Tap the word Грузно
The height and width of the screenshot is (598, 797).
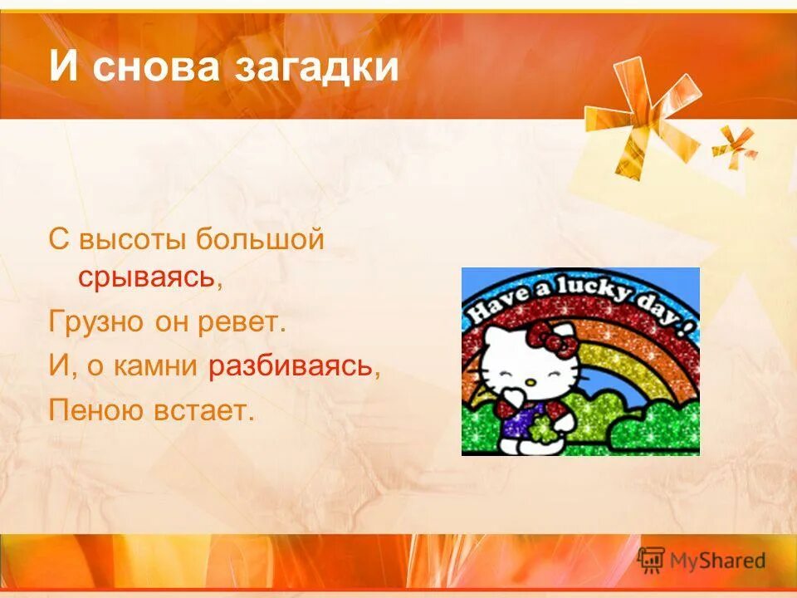[x=95, y=321]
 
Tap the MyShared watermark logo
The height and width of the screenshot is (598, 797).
[x=702, y=561]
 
